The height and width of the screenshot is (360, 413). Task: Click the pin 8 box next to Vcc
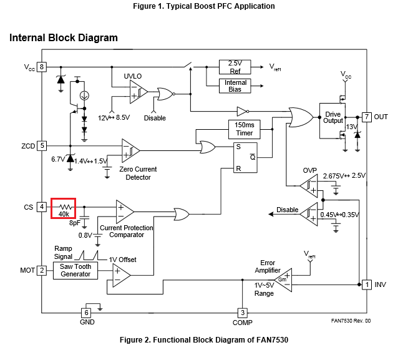[x=42, y=67]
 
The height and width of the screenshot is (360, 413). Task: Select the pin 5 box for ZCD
[x=42, y=145]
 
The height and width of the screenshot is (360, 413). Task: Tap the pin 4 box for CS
[x=42, y=207]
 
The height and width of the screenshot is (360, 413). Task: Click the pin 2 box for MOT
[x=42, y=270]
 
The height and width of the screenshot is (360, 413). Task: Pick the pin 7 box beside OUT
[x=367, y=117]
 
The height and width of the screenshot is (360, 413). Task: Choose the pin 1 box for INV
[x=367, y=285]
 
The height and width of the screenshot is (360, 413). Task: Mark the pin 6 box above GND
[x=87, y=312]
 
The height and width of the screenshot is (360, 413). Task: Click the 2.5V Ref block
[x=235, y=67]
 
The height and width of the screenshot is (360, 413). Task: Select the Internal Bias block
[x=235, y=86]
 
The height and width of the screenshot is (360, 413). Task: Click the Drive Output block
[x=333, y=117]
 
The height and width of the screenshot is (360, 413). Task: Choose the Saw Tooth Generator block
[x=75, y=270]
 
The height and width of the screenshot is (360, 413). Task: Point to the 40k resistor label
[x=64, y=214]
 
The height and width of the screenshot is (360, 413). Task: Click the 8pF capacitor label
[x=75, y=223]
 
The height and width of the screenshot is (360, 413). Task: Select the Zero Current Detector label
[x=137, y=173]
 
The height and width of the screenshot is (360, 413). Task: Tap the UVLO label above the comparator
[x=133, y=75]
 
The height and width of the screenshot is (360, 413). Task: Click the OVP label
[x=310, y=170]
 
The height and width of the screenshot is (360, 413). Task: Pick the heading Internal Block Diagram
[x=63, y=38]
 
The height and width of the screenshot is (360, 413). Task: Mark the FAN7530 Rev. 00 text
[x=351, y=321]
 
